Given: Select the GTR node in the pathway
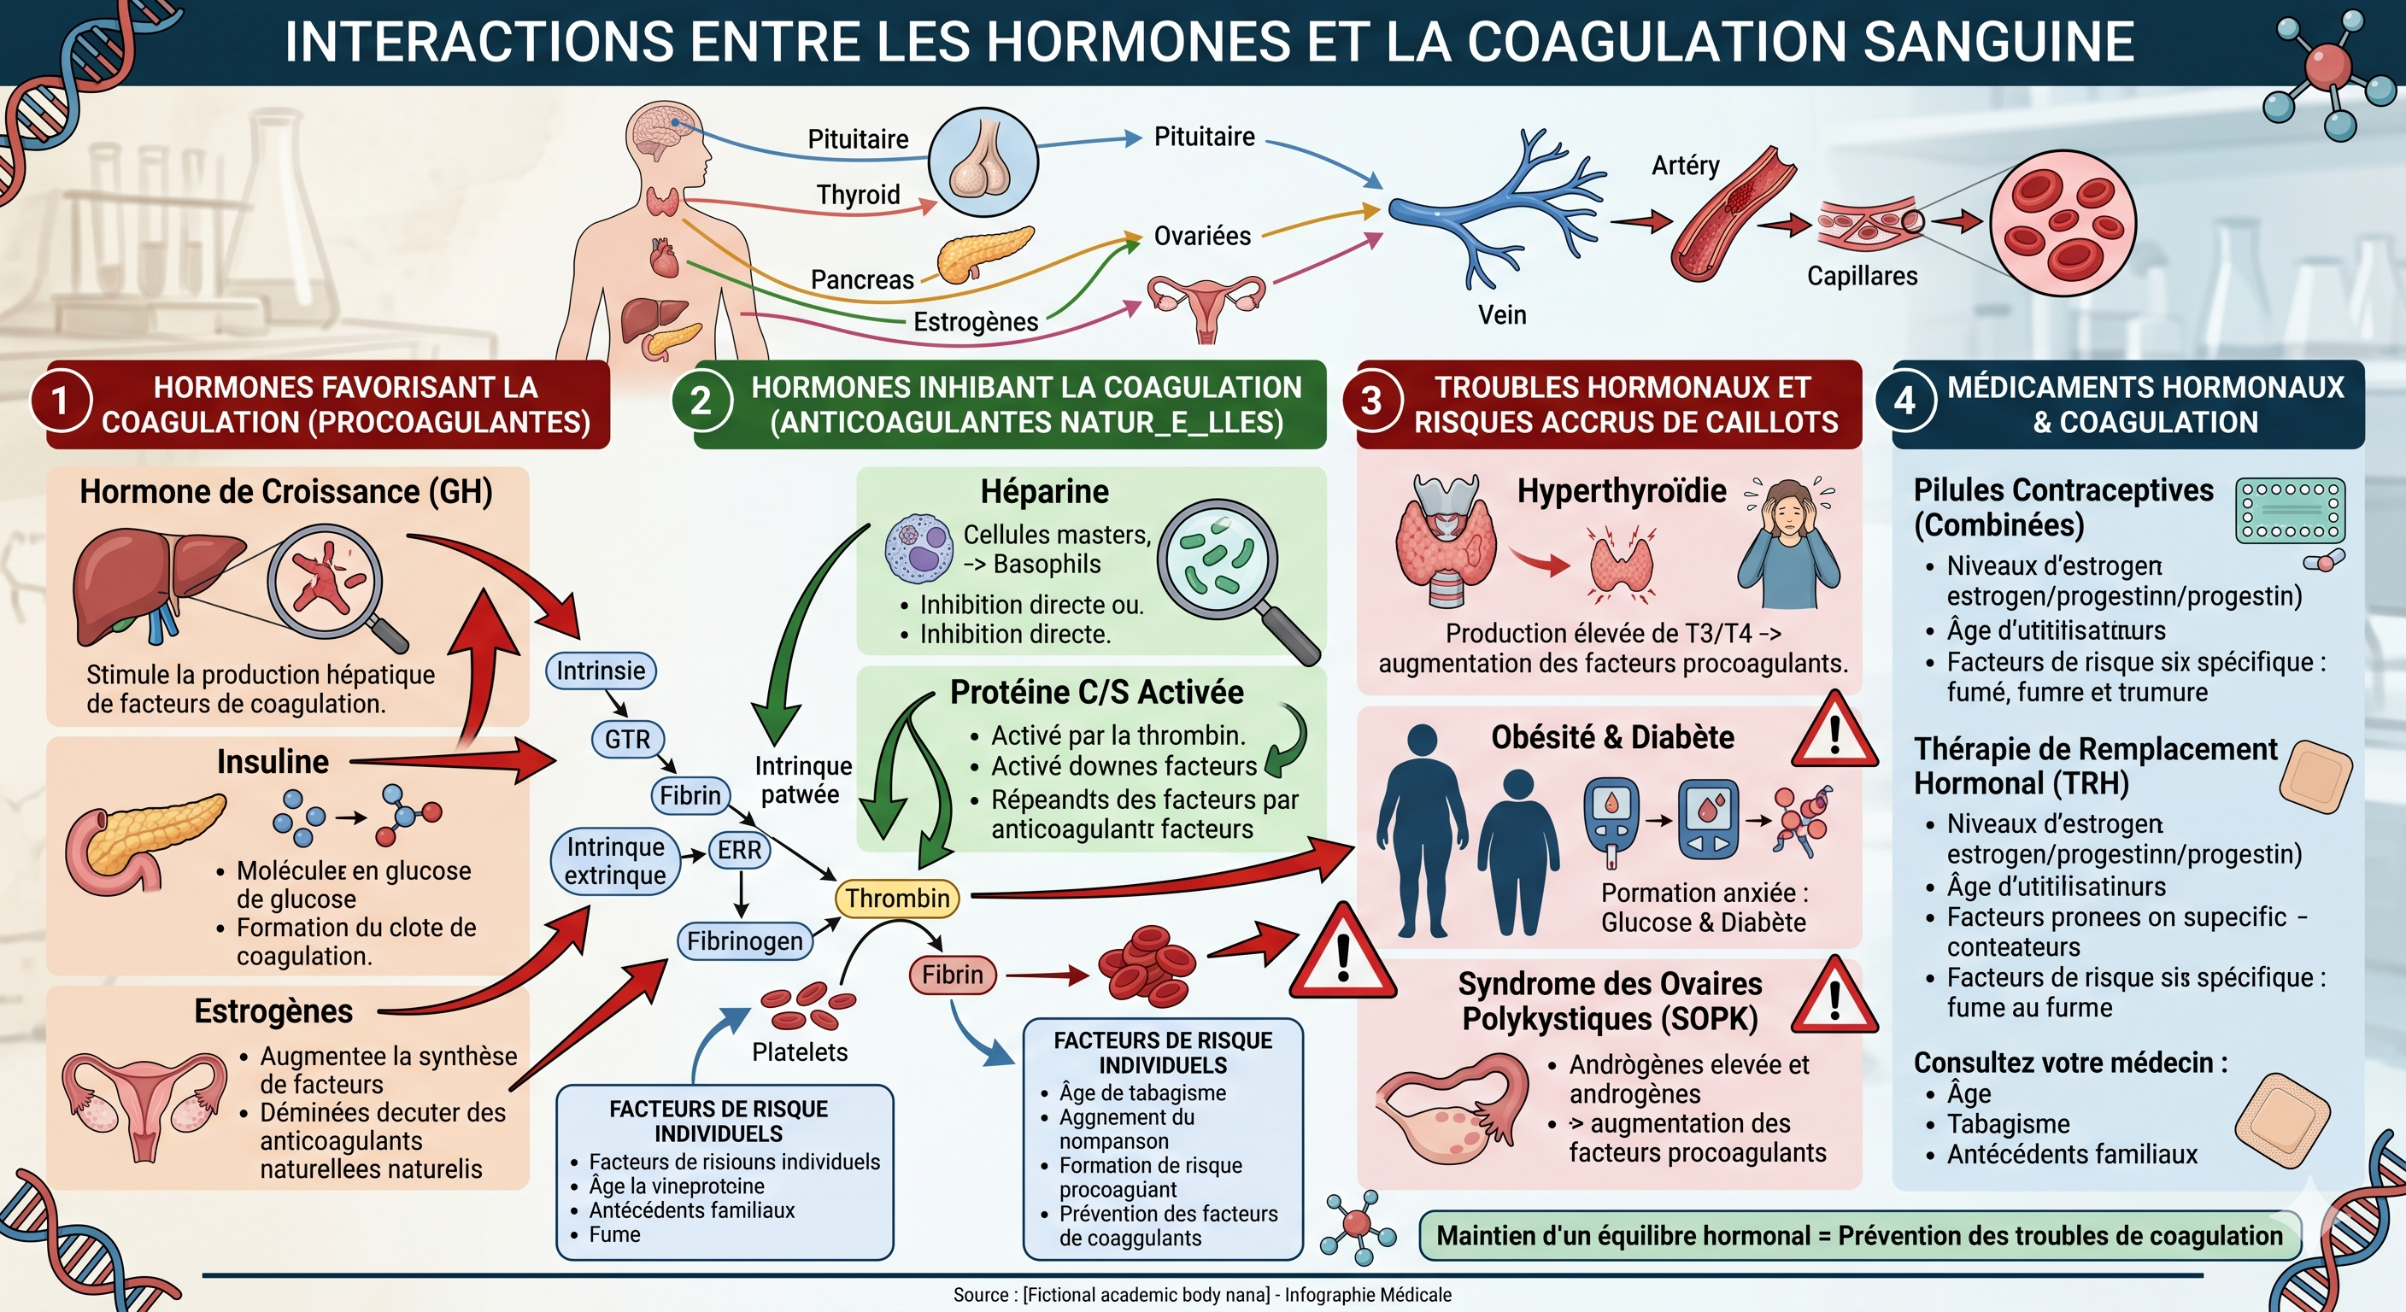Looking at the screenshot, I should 627,740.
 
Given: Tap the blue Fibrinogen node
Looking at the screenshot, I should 744,940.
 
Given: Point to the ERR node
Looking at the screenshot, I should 739,850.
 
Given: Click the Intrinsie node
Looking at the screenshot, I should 601,671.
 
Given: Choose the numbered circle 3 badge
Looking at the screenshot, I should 1371,401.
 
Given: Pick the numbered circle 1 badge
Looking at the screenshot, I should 61,401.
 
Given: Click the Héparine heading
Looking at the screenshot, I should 1044,492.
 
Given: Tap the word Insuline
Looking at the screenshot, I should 273,762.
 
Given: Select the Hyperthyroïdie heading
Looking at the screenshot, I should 1621,491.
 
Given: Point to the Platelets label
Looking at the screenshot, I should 800,1052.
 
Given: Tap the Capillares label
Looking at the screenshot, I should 1862,277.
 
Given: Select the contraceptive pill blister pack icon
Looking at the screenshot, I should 2290,511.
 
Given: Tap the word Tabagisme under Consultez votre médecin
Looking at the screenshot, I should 2008,1123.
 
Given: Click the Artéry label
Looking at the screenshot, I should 1685,167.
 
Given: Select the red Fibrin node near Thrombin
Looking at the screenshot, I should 952,975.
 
